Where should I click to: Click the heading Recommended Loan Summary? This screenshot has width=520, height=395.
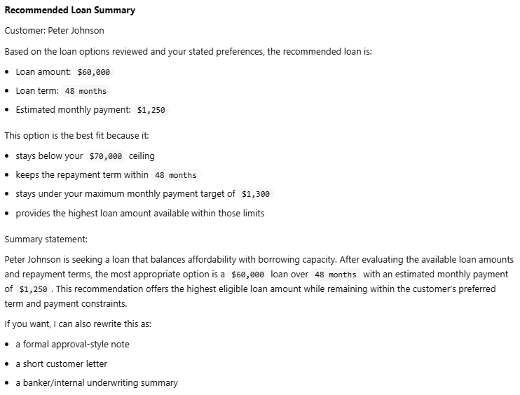[70, 11]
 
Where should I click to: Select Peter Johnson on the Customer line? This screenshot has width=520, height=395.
[76, 31]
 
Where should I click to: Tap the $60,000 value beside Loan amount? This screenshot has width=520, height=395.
[93, 72]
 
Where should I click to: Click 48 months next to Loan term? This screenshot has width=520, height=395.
[85, 91]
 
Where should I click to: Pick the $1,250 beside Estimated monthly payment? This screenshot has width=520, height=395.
[151, 110]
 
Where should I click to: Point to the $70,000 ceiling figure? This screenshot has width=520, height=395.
[107, 156]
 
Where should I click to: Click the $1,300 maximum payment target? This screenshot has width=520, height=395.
[255, 194]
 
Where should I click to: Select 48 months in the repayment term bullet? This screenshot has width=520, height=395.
[175, 175]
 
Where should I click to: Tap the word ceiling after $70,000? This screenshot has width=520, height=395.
[142, 155]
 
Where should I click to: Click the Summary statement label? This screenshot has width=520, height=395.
[46, 239]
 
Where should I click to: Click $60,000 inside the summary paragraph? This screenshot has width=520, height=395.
[247, 275]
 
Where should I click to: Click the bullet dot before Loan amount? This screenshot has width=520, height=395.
[7, 72]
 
